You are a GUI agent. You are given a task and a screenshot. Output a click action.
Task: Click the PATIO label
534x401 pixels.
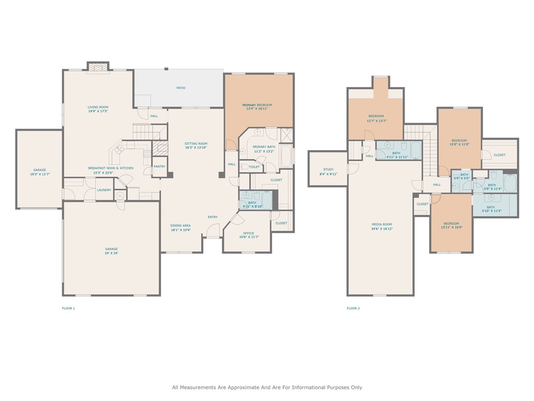(180, 88)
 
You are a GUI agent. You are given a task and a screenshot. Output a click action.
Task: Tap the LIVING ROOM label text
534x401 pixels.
(98, 107)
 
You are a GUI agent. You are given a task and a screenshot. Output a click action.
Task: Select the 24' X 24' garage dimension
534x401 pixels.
(111, 253)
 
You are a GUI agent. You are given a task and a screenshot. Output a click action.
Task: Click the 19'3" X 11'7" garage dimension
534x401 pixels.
(40, 174)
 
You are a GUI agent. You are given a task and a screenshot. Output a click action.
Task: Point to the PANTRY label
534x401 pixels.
(160, 167)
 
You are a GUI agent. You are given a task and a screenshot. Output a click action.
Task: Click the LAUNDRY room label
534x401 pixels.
(104, 190)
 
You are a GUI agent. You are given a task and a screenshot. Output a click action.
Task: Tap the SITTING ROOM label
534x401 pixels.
(196, 144)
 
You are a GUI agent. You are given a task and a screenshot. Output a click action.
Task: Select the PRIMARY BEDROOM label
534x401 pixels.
(258, 105)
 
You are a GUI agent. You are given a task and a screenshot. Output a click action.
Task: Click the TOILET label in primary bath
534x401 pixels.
(254, 167)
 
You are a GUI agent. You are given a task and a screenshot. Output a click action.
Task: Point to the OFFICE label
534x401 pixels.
(248, 233)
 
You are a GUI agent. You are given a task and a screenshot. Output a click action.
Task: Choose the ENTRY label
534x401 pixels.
(213, 217)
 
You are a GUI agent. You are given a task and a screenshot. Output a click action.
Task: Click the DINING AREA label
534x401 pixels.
(180, 226)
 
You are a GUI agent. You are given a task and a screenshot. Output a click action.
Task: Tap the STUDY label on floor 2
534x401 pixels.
(328, 170)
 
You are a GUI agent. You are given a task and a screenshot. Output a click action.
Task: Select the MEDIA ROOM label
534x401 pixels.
(382, 225)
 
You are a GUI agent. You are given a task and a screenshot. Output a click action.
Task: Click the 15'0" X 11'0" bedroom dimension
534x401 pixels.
(459, 144)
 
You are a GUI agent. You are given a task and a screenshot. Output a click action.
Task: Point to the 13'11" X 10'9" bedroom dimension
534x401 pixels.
(452, 227)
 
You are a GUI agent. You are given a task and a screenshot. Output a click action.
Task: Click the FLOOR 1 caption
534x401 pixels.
(69, 309)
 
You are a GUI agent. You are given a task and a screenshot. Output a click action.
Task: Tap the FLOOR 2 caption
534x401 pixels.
(353, 309)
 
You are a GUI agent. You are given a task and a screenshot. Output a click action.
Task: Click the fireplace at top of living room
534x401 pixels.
(98, 67)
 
